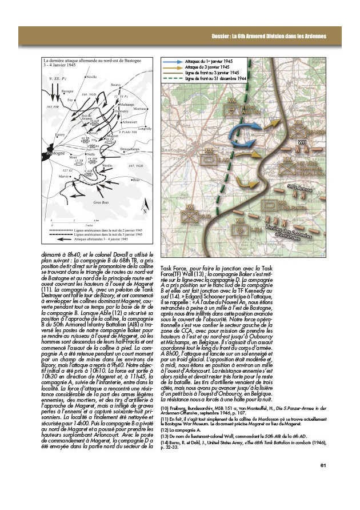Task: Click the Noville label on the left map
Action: coord(91,77)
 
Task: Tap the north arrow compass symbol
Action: coord(145,209)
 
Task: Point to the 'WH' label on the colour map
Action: coord(302,141)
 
